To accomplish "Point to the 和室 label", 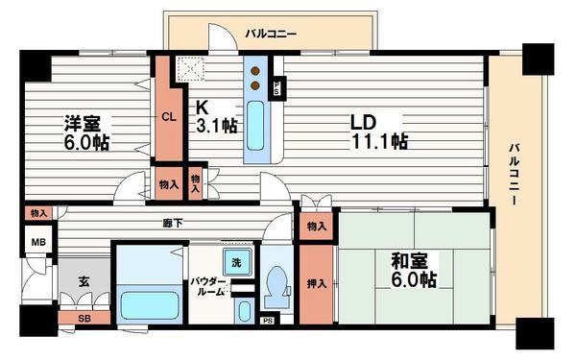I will [x=414, y=269].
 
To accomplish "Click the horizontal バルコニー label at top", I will [x=271, y=34].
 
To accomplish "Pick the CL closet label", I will [x=168, y=118].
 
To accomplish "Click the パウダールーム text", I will [x=208, y=285].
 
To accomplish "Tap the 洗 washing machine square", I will [x=234, y=262].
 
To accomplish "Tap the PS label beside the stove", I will [x=277, y=85].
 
